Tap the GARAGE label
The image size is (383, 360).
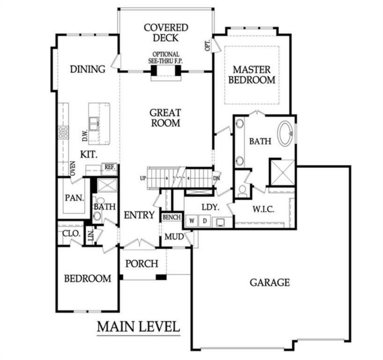[269, 283]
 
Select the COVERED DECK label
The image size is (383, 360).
[166, 33]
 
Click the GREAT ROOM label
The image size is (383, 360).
[165, 118]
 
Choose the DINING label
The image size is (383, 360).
[88, 69]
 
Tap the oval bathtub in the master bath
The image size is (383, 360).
[285, 133]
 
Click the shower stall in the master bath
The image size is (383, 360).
[281, 172]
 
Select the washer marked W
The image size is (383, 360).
[192, 220]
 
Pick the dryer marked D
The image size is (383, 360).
[205, 220]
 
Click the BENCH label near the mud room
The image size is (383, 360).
[171, 217]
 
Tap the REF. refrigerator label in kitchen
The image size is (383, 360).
[110, 166]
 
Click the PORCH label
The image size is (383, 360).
[142, 264]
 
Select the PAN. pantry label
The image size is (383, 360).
[74, 197]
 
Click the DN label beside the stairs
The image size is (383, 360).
[216, 179]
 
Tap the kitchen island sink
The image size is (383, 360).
[95, 123]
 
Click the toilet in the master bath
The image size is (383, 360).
[242, 190]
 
